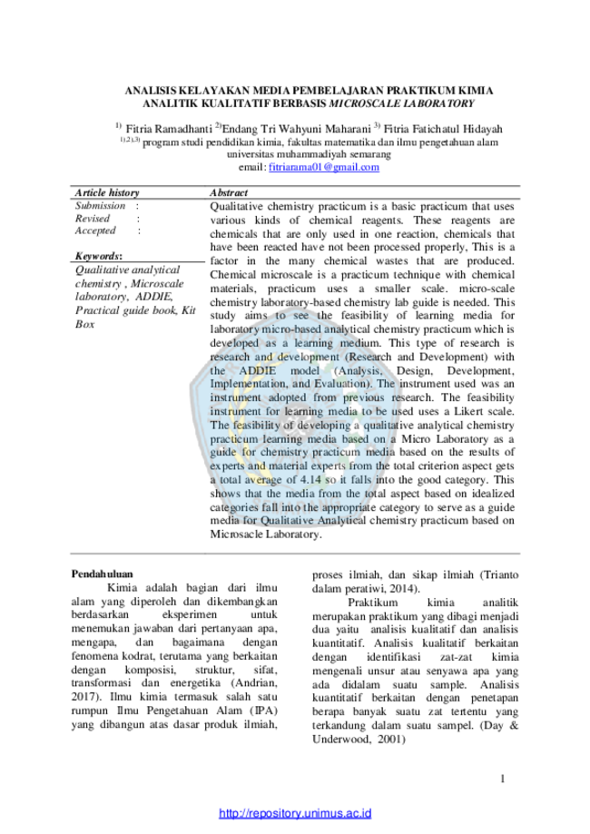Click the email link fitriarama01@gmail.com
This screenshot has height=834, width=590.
pos(324,167)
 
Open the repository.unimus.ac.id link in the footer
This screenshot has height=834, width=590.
pos(295,813)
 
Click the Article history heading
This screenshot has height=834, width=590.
pos(107,192)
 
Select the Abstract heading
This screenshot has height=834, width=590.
pos(229,192)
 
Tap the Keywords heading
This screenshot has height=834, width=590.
pos(98,256)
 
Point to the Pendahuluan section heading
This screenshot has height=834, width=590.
pos(103,574)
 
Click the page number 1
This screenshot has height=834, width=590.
pos(503,779)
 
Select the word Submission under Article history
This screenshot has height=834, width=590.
pos(100,206)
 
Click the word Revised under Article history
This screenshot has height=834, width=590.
pos(92,219)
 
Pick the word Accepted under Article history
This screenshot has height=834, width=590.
pos(95,231)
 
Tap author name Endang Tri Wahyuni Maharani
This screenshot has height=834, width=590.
pos(296,129)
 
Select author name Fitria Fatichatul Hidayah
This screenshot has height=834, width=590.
pos(443,129)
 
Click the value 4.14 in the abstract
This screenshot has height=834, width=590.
pos(310,480)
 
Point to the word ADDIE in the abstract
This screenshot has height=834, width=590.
pos(258,371)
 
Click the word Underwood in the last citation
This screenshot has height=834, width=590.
pos(341,740)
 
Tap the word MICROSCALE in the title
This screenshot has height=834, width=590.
pos(363,103)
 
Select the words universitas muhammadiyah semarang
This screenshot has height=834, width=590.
pos(310,154)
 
